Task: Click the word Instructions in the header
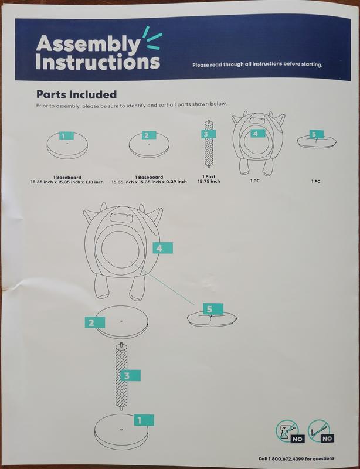point(98,62)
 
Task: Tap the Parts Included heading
point(76,95)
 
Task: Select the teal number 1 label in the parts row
point(66,136)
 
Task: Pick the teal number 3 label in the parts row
point(208,134)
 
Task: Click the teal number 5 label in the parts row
point(316,134)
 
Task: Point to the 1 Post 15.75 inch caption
point(209,179)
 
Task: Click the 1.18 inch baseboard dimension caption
point(67,180)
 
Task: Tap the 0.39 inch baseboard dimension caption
point(149,179)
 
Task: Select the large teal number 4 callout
point(163,248)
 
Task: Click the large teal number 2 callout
point(95,322)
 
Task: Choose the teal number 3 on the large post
point(130,375)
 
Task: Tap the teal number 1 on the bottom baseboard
point(144,420)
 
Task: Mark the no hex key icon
point(321,430)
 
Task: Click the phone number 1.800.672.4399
point(286,459)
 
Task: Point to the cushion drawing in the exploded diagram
point(212,319)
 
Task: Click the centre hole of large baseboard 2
point(121,321)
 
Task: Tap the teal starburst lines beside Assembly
point(152,38)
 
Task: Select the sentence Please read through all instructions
point(257,64)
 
